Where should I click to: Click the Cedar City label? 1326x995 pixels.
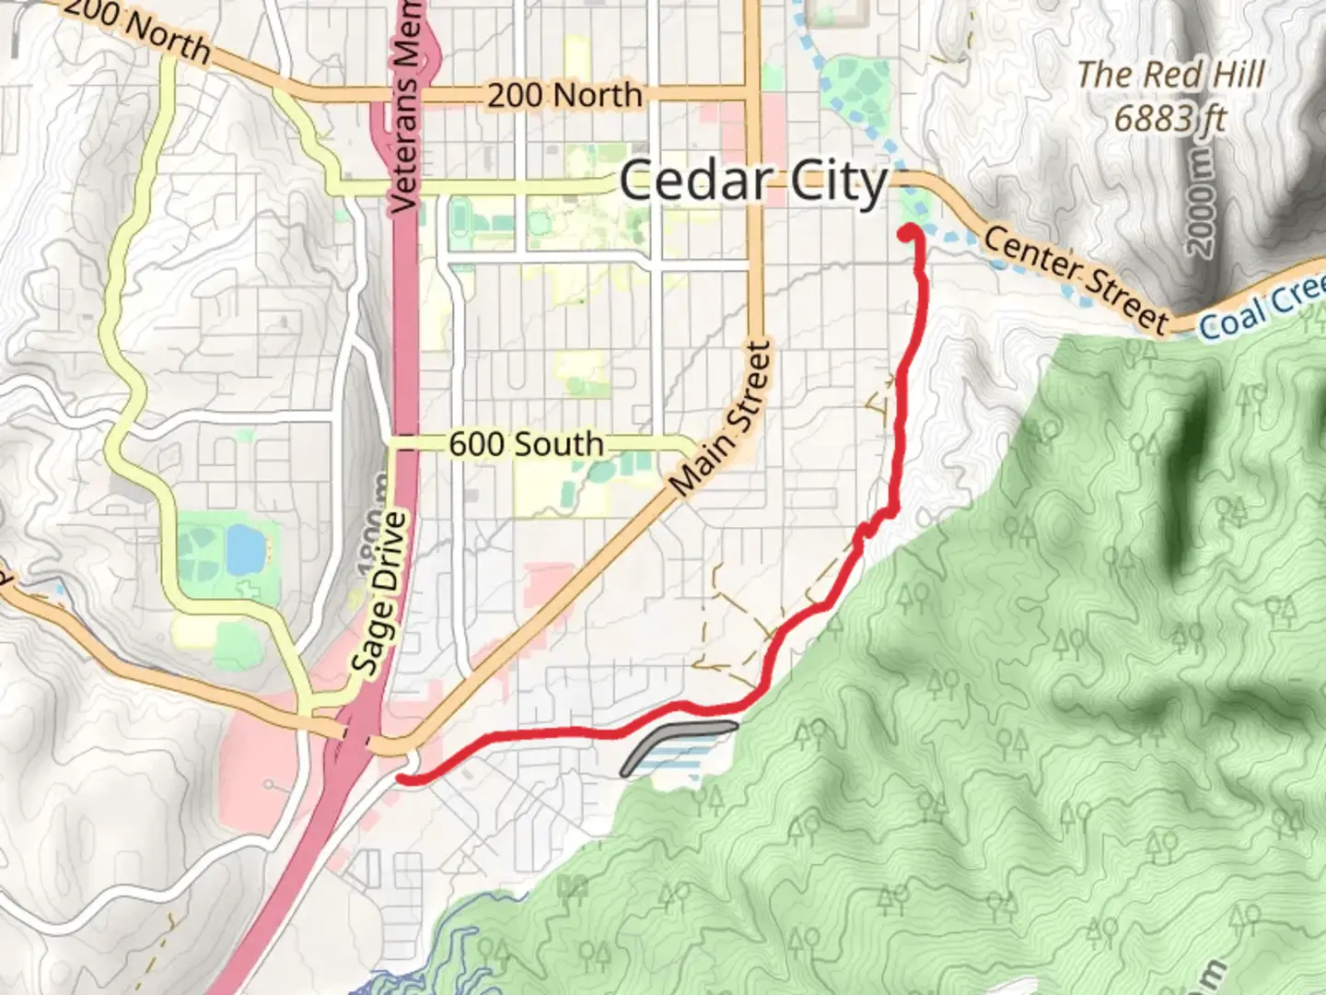point(752,181)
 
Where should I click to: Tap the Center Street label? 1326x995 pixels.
point(1075,278)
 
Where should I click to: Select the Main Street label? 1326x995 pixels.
point(721,418)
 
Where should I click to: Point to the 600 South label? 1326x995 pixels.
point(526,444)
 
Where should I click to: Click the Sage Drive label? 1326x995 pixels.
point(379,594)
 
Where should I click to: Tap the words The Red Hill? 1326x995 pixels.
point(1170,75)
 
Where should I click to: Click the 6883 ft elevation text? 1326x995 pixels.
point(1169,118)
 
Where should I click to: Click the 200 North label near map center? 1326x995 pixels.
point(564,94)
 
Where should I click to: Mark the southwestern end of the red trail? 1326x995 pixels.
point(402,779)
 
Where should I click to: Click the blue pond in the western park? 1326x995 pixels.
point(244,549)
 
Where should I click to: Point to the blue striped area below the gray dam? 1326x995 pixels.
point(681,762)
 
